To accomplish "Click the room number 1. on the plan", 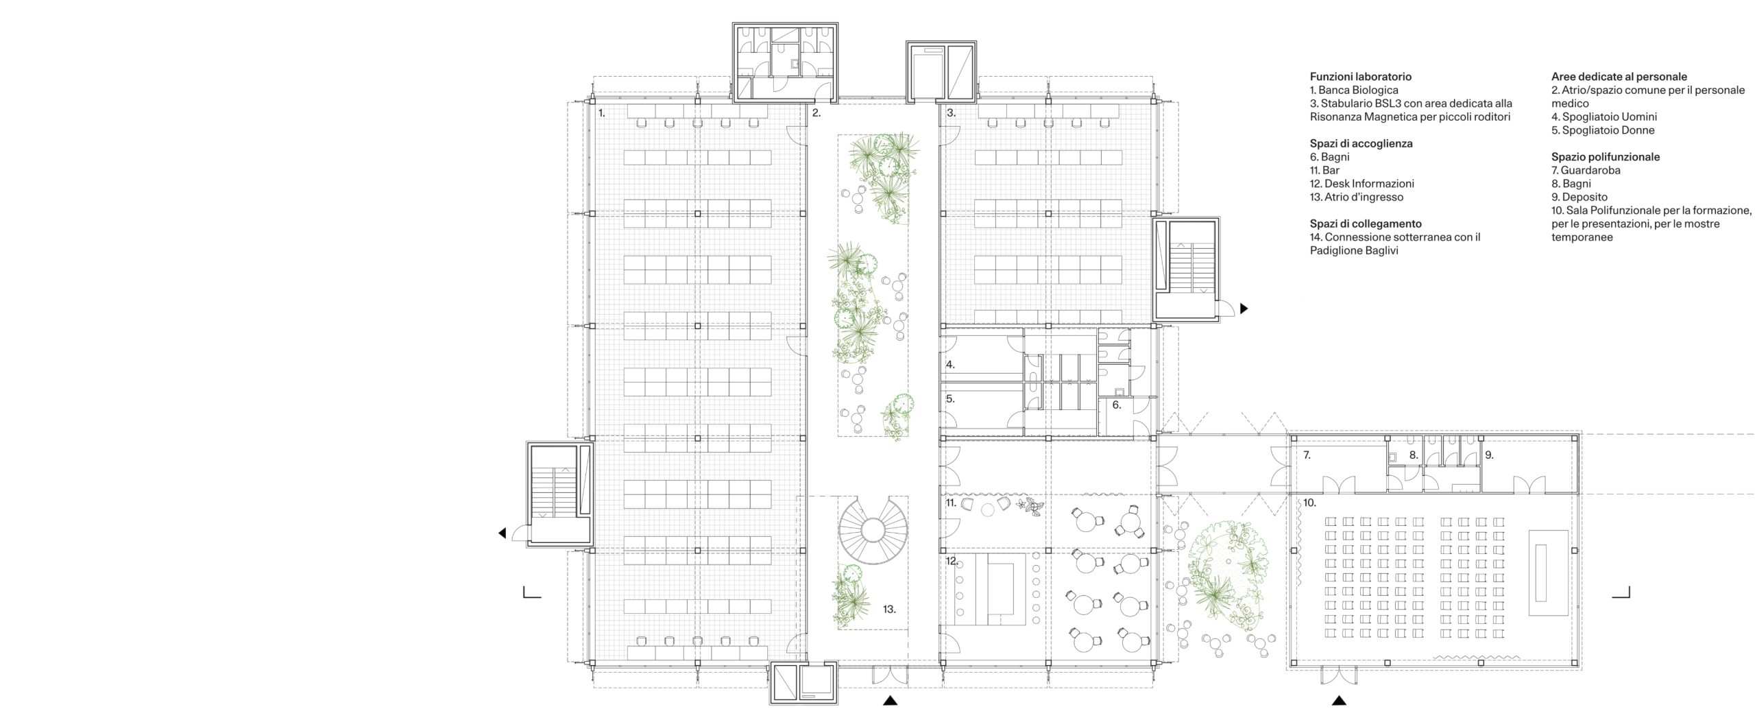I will point(601,113).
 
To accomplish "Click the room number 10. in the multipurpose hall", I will point(1309,503).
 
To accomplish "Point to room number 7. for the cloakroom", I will point(1307,455).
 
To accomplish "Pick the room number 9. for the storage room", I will point(1489,455).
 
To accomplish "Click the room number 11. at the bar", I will point(951,503).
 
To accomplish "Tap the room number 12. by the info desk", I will point(952,561).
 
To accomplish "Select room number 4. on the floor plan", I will point(950,365).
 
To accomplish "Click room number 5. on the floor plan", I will point(950,398).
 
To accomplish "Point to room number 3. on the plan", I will point(951,113).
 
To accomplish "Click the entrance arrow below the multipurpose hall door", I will point(1338,701).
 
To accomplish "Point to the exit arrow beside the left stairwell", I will point(503,533).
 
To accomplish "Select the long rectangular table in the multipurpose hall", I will point(1549,571).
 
